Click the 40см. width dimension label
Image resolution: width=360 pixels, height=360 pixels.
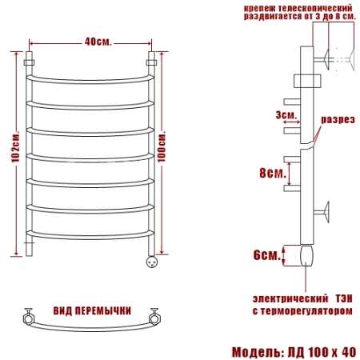click(98, 42)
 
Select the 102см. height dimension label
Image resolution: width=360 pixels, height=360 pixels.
click(16, 146)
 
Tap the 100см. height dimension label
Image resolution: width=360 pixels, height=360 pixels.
click(162, 146)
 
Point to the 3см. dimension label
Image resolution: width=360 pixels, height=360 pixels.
click(286, 115)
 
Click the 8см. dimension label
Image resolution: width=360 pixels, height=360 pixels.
click(273, 173)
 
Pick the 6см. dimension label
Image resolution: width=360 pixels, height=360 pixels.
click(267, 255)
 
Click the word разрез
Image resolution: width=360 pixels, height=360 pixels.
click(338, 119)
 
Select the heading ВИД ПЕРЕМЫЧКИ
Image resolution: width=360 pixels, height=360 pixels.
click(92, 311)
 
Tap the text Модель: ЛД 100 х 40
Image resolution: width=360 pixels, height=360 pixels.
click(294, 352)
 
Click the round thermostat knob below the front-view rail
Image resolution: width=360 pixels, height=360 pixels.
click(151, 262)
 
